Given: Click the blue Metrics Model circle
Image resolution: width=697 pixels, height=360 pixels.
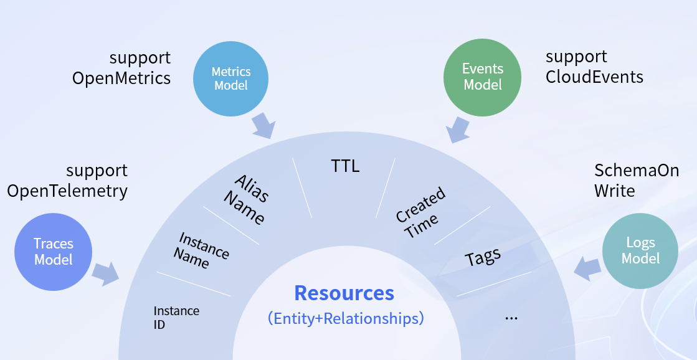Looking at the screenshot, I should pyautogui.click(x=230, y=78).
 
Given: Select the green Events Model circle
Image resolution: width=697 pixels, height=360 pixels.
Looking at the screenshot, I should pyautogui.click(x=482, y=76).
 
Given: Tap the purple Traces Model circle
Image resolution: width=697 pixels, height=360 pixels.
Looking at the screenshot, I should pyautogui.click(x=54, y=252).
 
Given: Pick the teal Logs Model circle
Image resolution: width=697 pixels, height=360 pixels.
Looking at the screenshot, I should pyautogui.click(x=640, y=250).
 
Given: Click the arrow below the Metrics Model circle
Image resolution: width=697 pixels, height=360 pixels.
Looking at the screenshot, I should pyautogui.click(x=263, y=125).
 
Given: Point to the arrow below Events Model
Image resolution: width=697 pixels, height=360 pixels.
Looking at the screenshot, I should pyautogui.click(x=459, y=130).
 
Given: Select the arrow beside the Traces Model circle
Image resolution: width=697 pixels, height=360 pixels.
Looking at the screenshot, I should pyautogui.click(x=106, y=273).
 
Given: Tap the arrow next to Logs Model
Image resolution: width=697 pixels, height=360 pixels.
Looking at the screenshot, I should pyautogui.click(x=587, y=268).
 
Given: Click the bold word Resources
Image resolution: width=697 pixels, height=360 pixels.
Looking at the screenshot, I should pyautogui.click(x=344, y=293).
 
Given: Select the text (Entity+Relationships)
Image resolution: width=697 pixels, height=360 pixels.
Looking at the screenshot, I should pyautogui.click(x=346, y=318).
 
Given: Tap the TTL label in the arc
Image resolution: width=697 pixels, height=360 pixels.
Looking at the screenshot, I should pyautogui.click(x=345, y=166).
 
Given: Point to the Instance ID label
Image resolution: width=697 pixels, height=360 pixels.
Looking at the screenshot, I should pyautogui.click(x=176, y=317).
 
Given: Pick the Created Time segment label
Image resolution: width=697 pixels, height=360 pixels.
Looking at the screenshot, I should pyautogui.click(x=422, y=212).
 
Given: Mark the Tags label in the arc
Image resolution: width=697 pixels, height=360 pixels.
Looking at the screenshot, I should pyautogui.click(x=483, y=257).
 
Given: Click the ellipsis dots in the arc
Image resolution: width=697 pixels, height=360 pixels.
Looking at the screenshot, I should pyautogui.click(x=511, y=318).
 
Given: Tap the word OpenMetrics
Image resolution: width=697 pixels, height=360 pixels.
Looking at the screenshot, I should pyautogui.click(x=121, y=78).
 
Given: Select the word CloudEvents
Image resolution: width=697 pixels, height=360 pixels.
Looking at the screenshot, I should pyautogui.click(x=594, y=77).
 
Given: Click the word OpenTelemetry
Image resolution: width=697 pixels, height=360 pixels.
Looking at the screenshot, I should pyautogui.click(x=67, y=191).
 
